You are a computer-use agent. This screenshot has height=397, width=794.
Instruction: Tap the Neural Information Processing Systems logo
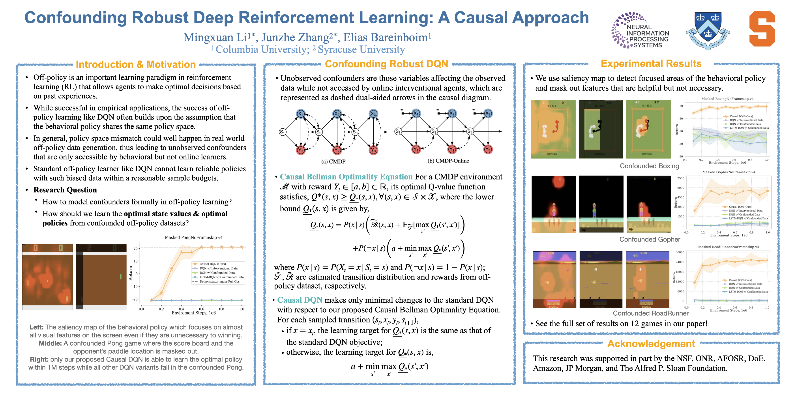(640, 30)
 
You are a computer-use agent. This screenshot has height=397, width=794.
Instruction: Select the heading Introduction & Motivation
(136, 64)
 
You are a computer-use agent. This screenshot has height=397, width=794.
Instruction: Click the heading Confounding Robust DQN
(386, 64)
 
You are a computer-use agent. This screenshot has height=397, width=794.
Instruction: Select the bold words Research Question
(65, 190)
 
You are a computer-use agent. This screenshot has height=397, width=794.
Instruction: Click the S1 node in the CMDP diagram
(282, 132)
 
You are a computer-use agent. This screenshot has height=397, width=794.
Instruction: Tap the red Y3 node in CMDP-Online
(488, 150)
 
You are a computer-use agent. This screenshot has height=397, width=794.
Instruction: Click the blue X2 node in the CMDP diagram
(337, 114)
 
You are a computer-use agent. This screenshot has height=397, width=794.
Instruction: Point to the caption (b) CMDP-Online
(448, 161)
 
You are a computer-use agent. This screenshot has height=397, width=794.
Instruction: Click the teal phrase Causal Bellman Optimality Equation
(346, 177)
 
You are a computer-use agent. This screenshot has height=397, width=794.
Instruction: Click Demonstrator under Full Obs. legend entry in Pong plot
(219, 281)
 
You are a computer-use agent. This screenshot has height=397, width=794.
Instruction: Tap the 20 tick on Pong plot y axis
(135, 248)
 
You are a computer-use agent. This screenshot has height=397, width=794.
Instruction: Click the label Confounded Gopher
(650, 240)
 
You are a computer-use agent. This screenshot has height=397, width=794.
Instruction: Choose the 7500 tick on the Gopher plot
(681, 178)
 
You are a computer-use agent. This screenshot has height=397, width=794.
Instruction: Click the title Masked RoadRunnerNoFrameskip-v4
(728, 247)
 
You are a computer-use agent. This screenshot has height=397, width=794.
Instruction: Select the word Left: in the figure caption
(36, 327)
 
